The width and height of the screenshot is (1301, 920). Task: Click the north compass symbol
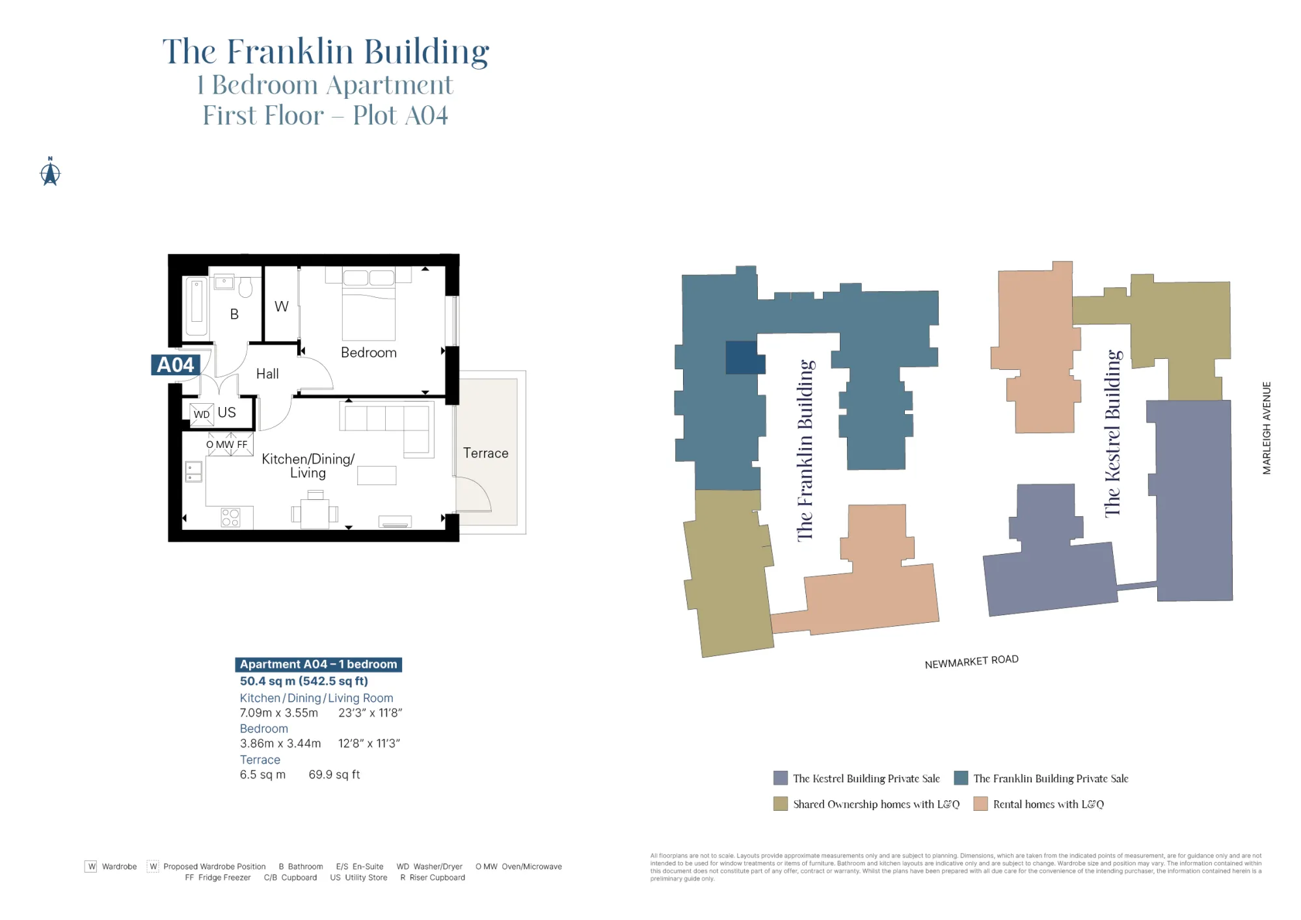50,173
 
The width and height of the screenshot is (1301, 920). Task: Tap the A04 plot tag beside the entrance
175,365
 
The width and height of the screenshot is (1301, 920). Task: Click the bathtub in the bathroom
196,306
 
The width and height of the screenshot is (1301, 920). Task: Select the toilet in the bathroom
245,287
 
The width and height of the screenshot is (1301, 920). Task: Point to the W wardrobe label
281,306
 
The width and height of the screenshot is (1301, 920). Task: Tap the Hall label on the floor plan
267,374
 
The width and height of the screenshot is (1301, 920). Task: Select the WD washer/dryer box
202,414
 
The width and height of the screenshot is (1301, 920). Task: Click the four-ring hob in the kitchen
230,518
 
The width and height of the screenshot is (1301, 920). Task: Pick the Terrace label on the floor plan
486,453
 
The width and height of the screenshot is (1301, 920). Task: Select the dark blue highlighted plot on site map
742,358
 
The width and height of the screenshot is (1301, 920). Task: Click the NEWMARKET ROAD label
971,661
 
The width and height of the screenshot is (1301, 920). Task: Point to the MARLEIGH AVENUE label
1267,428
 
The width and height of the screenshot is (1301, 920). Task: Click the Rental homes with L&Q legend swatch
980,804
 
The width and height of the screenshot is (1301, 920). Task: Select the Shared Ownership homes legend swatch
781,804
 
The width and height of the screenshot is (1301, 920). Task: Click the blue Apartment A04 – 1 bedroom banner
318,664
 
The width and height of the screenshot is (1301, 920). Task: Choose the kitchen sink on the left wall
194,471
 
